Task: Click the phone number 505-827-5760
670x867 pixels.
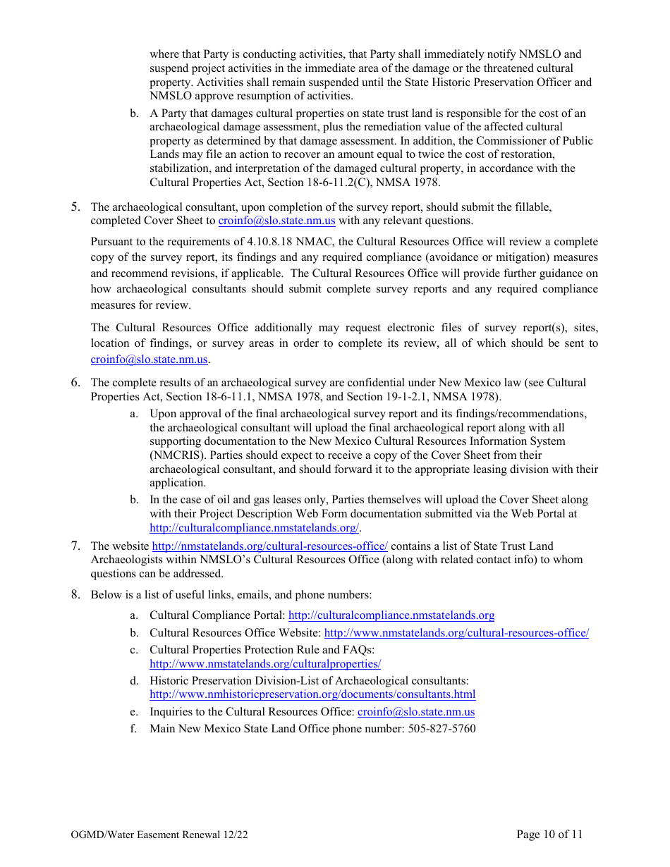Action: [441, 729]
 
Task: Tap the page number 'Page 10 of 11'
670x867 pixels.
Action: [549, 835]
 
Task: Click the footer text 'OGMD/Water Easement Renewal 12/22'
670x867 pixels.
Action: [159, 835]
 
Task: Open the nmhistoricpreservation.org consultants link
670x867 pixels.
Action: [312, 694]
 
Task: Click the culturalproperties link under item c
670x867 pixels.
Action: [265, 664]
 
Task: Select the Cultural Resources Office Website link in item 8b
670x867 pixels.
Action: [456, 633]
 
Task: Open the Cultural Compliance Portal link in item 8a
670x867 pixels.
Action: [391, 616]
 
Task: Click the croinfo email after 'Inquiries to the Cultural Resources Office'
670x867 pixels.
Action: [416, 712]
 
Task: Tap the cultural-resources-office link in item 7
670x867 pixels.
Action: [269, 546]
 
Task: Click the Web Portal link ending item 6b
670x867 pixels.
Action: [255, 528]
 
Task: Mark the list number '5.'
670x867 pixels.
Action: [75, 207]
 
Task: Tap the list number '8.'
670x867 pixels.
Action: [75, 594]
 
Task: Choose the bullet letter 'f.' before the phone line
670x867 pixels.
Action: [133, 729]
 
